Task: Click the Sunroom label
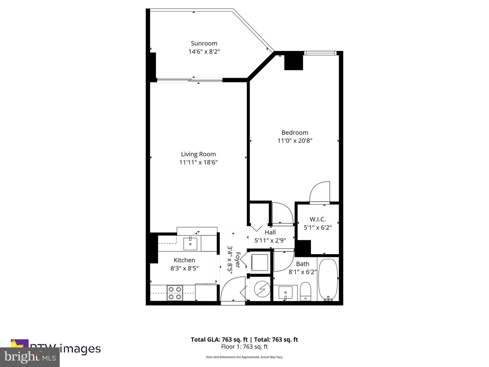(x=204, y=43)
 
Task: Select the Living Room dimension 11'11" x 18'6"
(x=198, y=162)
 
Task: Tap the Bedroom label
(x=295, y=133)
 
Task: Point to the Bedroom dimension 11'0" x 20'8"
(x=295, y=141)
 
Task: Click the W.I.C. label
(x=318, y=220)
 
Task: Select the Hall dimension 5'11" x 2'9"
(x=270, y=240)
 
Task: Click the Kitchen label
(x=184, y=260)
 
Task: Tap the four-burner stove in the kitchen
(x=175, y=293)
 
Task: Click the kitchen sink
(x=191, y=244)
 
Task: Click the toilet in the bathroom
(x=306, y=291)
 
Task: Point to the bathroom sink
(x=285, y=293)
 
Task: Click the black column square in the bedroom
(x=293, y=62)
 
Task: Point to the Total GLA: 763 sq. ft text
(x=219, y=339)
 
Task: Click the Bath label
(x=303, y=264)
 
